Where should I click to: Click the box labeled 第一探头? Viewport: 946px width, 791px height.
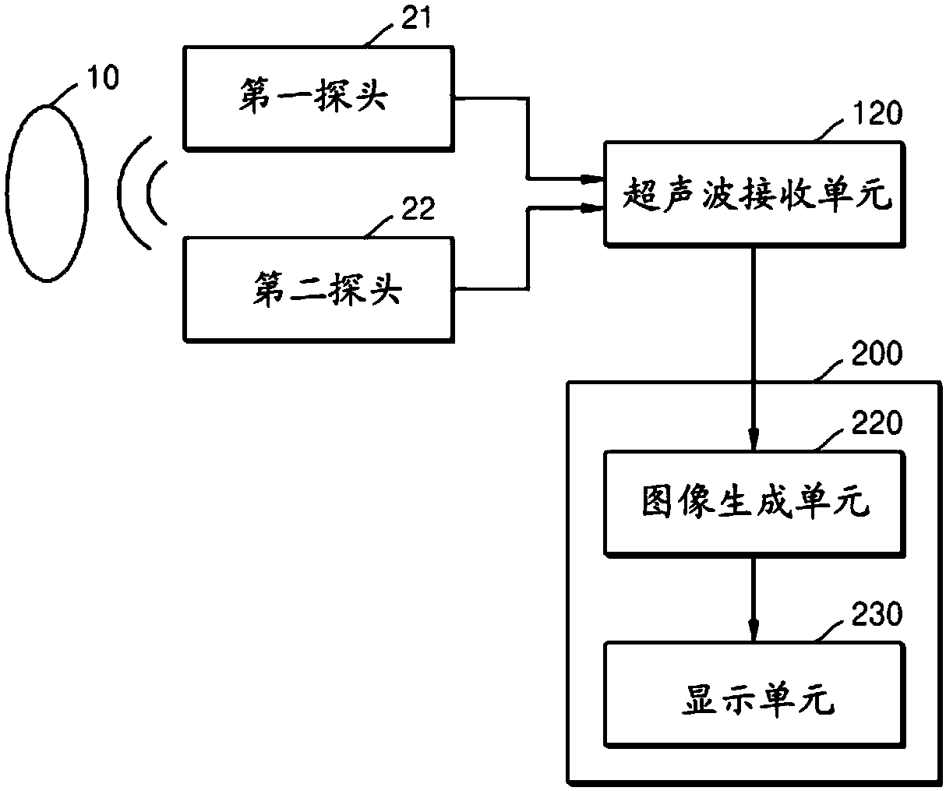(319, 98)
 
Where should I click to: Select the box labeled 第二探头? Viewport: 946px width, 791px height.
(319, 289)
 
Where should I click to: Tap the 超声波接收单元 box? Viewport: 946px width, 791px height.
(754, 194)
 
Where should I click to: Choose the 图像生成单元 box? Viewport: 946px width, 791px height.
(754, 503)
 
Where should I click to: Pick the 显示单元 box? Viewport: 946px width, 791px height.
(754, 694)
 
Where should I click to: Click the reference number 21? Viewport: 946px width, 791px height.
(416, 18)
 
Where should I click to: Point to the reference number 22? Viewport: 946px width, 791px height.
(418, 209)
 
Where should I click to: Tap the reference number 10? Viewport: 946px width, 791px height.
(103, 76)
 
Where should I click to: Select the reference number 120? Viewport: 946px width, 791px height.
(877, 113)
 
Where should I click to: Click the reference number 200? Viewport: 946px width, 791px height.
(877, 353)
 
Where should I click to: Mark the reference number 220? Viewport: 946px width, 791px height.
(877, 422)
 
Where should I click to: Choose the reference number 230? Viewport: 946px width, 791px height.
(877, 614)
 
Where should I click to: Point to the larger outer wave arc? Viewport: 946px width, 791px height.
(118, 192)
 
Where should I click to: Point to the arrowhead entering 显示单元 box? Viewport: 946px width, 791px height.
(754, 630)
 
